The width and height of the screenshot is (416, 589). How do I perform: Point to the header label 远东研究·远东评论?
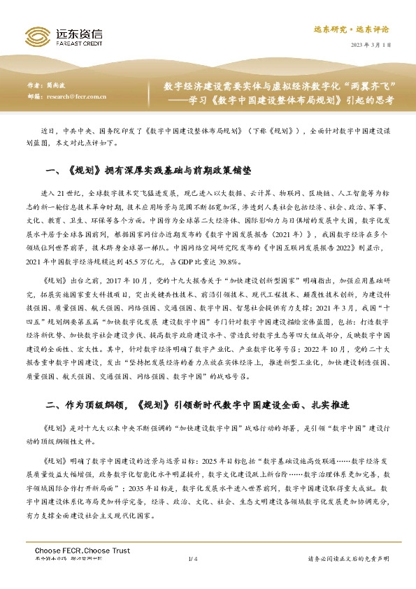pyautogui.click(x=361, y=29)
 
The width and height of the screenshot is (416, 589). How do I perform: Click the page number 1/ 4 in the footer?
pyautogui.click(x=194, y=558)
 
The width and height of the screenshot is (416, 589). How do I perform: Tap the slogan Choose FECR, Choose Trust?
pyautogui.click(x=83, y=551)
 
